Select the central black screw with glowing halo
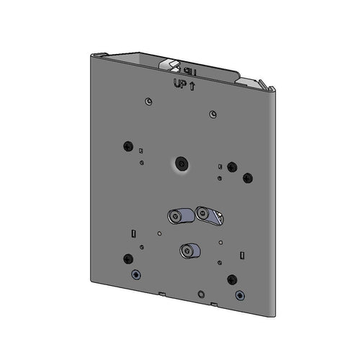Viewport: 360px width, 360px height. (180, 165)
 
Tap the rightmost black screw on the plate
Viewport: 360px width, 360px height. (248, 177)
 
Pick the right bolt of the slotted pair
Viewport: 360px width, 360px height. (204, 213)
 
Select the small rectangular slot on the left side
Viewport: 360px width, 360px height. (134, 232)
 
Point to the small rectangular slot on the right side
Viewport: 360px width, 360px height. (243, 254)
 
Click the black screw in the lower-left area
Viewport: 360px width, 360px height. (127, 257)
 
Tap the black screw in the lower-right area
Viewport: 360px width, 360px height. (231, 279)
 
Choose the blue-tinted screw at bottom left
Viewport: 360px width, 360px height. (134, 274)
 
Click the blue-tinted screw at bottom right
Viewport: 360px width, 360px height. (239, 295)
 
